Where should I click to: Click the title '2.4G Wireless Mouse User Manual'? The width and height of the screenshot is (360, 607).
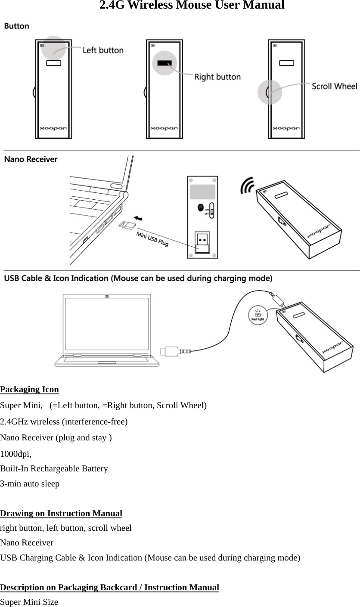point(192,6)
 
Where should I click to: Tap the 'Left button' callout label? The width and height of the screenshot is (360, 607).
point(103,50)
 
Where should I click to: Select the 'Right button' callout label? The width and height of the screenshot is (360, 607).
point(217,77)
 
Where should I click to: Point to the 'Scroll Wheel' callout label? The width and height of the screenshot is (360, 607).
point(334,86)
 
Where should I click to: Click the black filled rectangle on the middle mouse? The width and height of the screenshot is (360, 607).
point(164,63)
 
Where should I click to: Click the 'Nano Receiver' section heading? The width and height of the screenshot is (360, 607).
point(31,159)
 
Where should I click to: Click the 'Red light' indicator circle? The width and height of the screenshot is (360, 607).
point(258,315)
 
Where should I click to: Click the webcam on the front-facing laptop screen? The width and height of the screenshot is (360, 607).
point(107,296)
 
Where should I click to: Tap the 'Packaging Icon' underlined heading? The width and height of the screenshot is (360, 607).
point(30,390)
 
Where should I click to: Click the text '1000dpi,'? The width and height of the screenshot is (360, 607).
point(16,454)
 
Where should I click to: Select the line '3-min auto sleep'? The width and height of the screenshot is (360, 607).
point(30,483)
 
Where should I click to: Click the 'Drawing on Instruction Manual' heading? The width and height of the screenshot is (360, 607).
point(61,513)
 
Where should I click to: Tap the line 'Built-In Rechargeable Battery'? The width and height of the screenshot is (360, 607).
point(54,468)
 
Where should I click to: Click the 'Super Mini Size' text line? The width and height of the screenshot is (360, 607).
point(29,602)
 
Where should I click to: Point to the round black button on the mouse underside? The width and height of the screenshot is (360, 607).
point(200,207)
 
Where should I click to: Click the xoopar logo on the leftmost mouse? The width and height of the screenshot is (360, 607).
point(53,128)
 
